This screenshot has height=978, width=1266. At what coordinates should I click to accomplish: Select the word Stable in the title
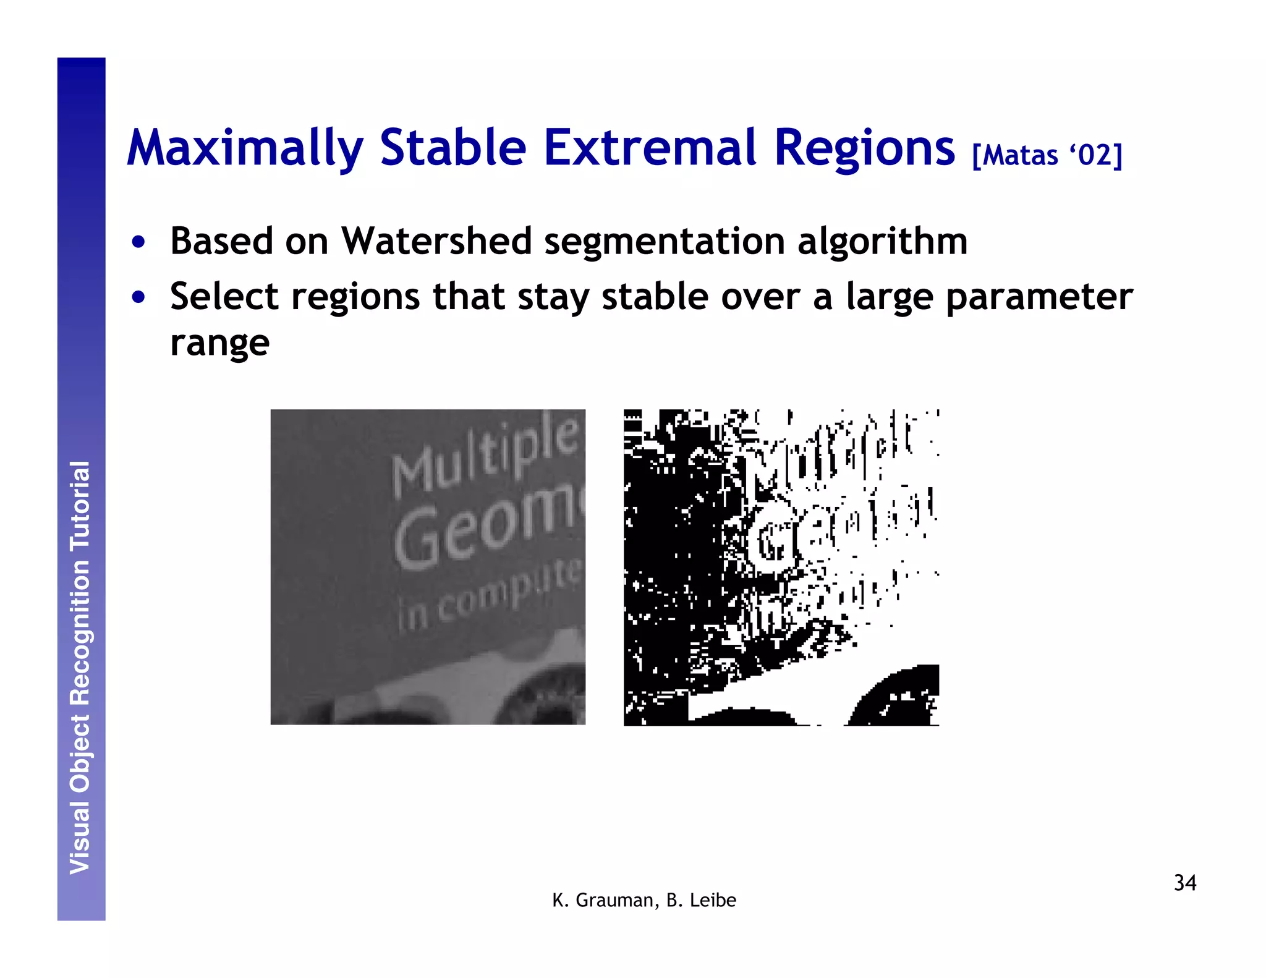click(452, 148)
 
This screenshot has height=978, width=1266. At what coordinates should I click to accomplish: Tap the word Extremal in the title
click(651, 148)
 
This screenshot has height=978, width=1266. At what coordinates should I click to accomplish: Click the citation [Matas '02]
click(1047, 155)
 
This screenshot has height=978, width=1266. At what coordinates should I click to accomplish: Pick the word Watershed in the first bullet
click(436, 240)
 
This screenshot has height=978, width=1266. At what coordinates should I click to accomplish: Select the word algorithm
click(882, 240)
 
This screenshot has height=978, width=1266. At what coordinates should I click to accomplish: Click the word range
click(219, 344)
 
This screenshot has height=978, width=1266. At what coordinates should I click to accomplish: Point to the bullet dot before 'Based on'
click(138, 242)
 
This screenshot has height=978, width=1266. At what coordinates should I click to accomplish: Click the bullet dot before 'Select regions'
click(138, 297)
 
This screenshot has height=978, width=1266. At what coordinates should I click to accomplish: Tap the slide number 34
click(1184, 883)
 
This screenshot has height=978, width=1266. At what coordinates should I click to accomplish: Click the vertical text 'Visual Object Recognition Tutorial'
click(80, 668)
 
